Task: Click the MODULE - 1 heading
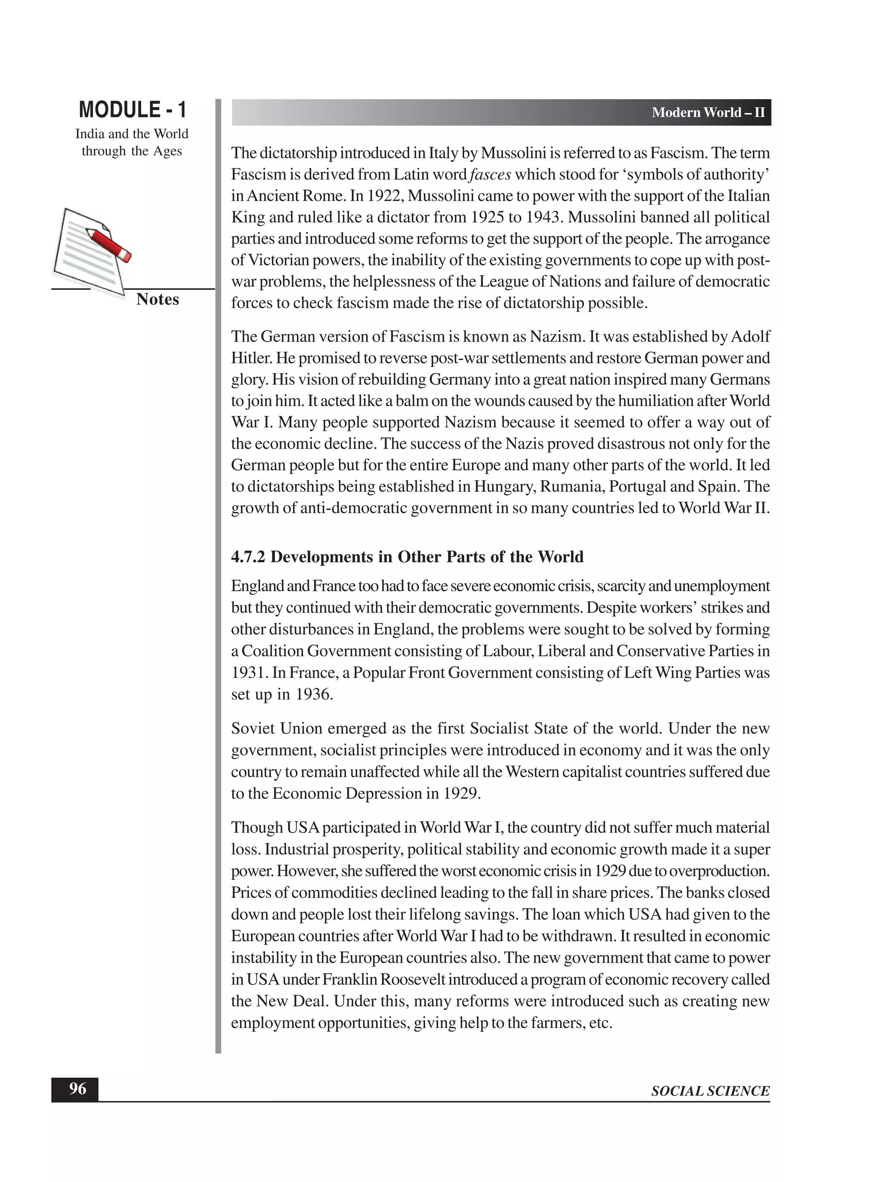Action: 132,110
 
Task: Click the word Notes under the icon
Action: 157,299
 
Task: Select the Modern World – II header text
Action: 708,113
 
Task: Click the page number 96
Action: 78,1089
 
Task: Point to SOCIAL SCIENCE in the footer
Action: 710,1091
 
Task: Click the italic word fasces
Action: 490,175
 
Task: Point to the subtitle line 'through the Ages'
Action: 132,151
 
